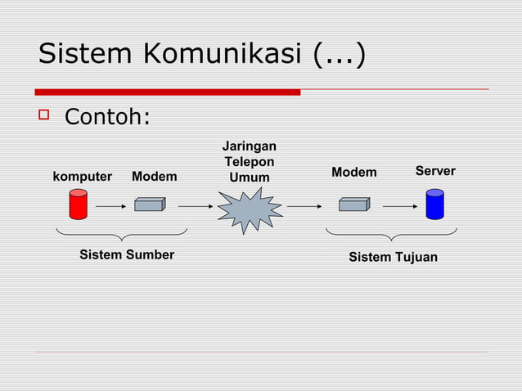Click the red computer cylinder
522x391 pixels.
[78, 204]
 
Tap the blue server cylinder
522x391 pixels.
[434, 204]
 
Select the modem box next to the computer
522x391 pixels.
[149, 204]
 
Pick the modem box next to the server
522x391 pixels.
[353, 204]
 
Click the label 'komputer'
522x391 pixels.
[82, 177]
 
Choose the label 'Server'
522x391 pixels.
[435, 171]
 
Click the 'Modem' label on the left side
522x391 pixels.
[154, 177]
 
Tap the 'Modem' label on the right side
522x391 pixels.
[353, 173]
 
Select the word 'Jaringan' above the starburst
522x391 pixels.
[250, 146]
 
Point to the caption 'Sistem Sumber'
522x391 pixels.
[127, 254]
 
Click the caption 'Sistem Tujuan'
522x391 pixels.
[393, 258]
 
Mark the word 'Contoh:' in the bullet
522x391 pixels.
[107, 118]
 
